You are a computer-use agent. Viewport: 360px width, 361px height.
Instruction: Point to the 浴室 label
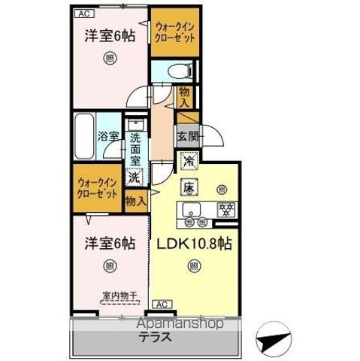pos(108,137)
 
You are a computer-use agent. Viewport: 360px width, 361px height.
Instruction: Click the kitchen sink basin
pos(189,210)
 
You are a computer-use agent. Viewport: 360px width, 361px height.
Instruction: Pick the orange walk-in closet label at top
pos(175,32)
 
